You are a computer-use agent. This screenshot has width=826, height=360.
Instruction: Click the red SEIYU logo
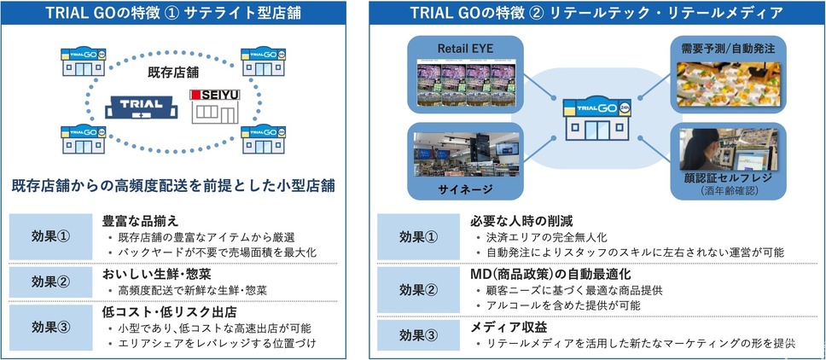pyautogui.click(x=215, y=95)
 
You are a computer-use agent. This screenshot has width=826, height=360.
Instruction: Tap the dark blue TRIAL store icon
pyautogui.click(x=141, y=107)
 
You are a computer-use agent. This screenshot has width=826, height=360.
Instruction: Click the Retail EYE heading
pyautogui.click(x=466, y=49)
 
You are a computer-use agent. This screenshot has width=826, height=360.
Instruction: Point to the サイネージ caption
pyautogui.click(x=466, y=188)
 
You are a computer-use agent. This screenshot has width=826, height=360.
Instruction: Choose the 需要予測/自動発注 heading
pyautogui.click(x=729, y=49)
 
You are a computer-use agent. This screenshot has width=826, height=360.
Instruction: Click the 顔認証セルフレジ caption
pyautogui.click(x=729, y=178)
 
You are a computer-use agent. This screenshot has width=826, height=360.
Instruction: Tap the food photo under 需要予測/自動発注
pyautogui.click(x=729, y=84)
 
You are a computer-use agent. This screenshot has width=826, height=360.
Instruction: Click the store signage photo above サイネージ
pyautogui.click(x=466, y=154)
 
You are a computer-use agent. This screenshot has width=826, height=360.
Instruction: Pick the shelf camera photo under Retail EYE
pyautogui.click(x=466, y=84)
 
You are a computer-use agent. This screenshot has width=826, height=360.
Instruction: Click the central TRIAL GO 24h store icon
pyautogui.click(x=597, y=118)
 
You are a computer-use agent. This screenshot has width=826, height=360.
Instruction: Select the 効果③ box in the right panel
pyautogui.click(x=418, y=334)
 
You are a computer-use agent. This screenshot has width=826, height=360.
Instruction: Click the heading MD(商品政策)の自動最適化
pyautogui.click(x=550, y=274)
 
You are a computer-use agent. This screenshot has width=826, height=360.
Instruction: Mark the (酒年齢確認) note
pyautogui.click(x=729, y=190)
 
